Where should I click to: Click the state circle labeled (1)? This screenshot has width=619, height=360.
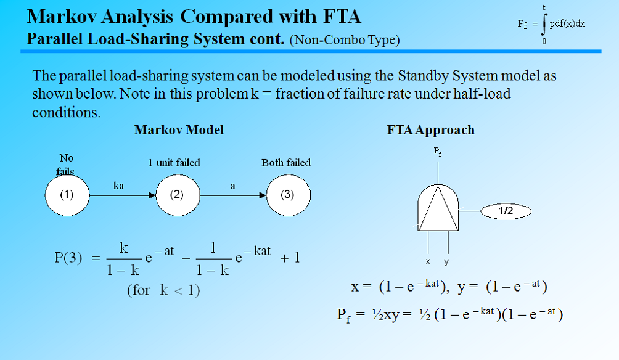[67, 195]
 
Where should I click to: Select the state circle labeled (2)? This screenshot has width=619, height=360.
[178, 195]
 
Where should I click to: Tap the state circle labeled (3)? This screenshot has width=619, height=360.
[287, 195]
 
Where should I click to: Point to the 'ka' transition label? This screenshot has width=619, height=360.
[120, 185]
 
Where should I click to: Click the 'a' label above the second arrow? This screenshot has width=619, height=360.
[232, 185]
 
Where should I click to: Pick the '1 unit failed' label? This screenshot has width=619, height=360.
[174, 163]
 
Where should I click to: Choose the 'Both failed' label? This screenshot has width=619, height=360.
[286, 163]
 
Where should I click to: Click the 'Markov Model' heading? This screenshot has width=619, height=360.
[179, 130]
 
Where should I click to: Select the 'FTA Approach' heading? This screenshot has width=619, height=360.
[431, 130]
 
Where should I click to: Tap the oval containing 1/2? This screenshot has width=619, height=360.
[505, 211]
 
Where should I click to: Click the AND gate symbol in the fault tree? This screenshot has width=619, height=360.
[437, 207]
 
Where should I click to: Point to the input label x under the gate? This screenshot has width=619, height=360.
[428, 261]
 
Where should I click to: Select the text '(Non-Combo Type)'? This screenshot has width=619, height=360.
[344, 41]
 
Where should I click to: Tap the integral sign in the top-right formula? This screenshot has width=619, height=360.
[544, 24]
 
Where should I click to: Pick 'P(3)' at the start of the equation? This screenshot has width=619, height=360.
[68, 258]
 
